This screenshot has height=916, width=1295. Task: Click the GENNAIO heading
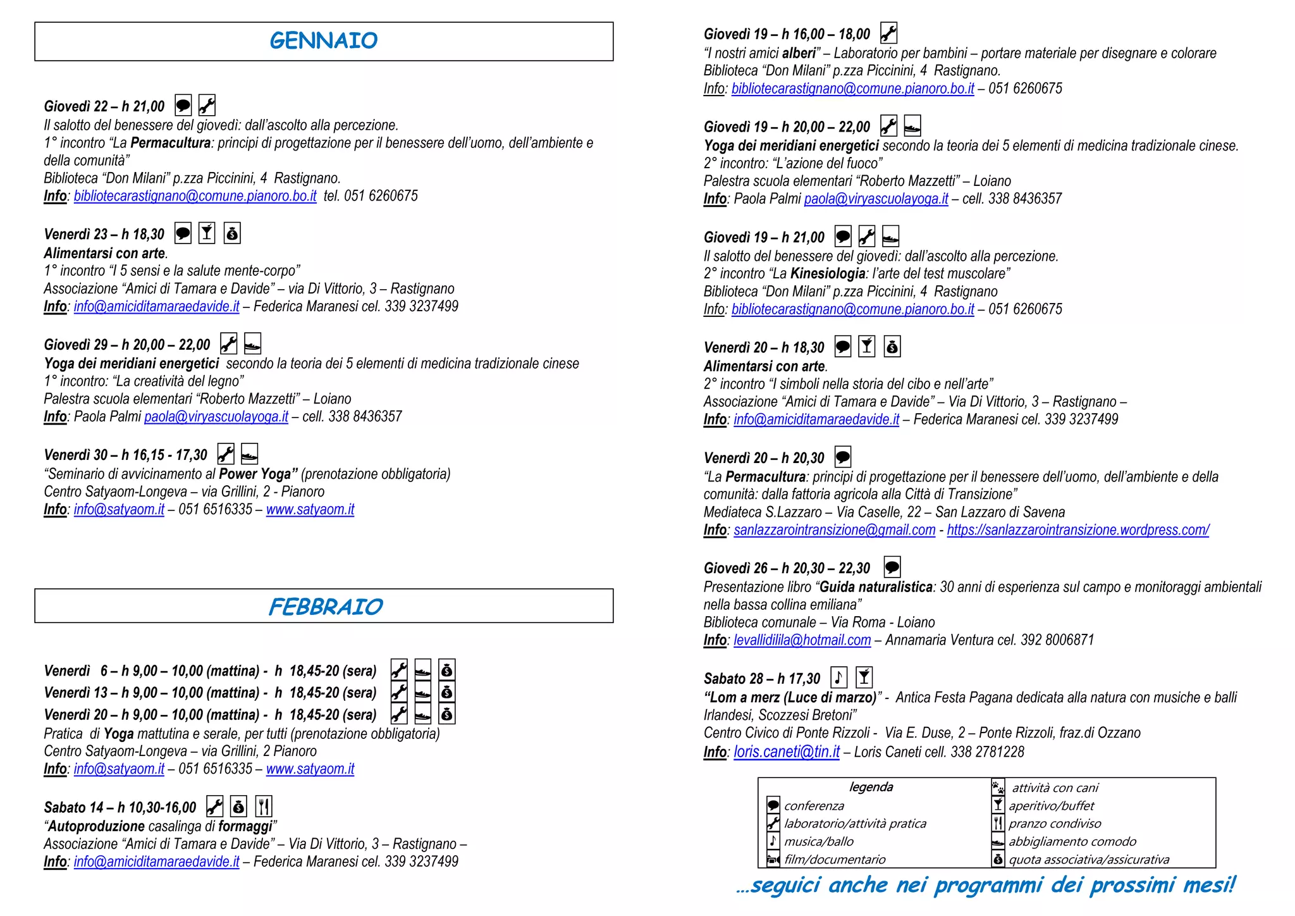coord(323,41)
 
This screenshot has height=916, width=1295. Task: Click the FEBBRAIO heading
coord(325,607)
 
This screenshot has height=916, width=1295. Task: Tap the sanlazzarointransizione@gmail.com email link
coord(834,530)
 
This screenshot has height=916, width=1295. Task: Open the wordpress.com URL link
coord(1077,530)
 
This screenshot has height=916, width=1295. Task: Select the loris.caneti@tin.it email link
coord(787,752)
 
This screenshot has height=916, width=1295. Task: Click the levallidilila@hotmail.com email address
coord(802,640)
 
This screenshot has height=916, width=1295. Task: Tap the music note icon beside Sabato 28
coord(838,678)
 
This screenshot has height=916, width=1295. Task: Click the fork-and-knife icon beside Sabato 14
coord(264,807)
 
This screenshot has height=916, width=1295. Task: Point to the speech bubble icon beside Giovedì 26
coord(892,567)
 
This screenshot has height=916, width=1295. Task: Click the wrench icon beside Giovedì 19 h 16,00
coord(888,33)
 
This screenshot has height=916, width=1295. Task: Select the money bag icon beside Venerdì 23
coord(232,233)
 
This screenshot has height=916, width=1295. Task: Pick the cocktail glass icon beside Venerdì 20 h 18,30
coord(867,346)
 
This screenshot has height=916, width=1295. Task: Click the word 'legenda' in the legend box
coord(871,787)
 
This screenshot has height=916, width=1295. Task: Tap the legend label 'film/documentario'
coord(835,860)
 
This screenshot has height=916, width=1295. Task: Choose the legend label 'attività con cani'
coord(1055,788)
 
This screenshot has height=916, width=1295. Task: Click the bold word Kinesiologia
coord(828,274)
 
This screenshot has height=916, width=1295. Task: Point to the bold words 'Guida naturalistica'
coord(876,587)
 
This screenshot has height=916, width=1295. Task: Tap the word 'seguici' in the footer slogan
coord(787,885)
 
